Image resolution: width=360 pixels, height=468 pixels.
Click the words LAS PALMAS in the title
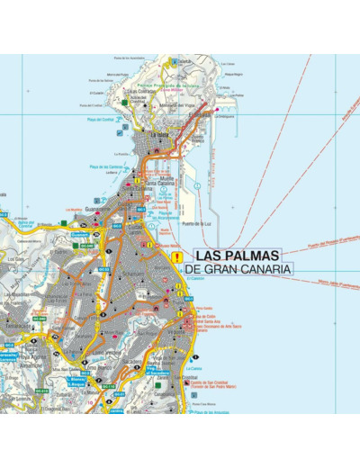237,255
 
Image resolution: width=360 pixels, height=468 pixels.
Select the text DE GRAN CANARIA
238,269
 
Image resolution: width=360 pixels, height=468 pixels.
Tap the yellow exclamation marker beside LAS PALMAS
176,256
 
